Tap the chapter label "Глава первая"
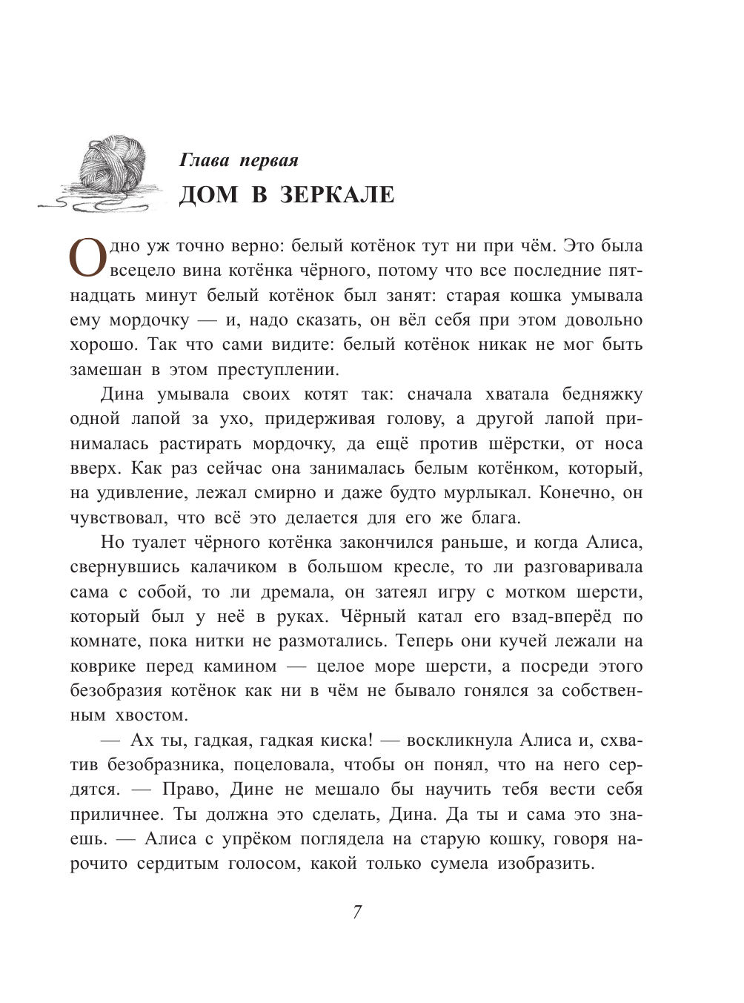pyautogui.click(x=239, y=160)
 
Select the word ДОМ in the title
pyautogui.click(x=209, y=194)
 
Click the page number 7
pyautogui.click(x=357, y=912)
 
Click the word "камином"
pyautogui.click(x=240, y=666)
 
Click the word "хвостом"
pyautogui.click(x=152, y=715)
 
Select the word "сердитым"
pyautogui.click(x=178, y=864)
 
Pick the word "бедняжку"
pyautogui.click(x=602, y=394)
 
